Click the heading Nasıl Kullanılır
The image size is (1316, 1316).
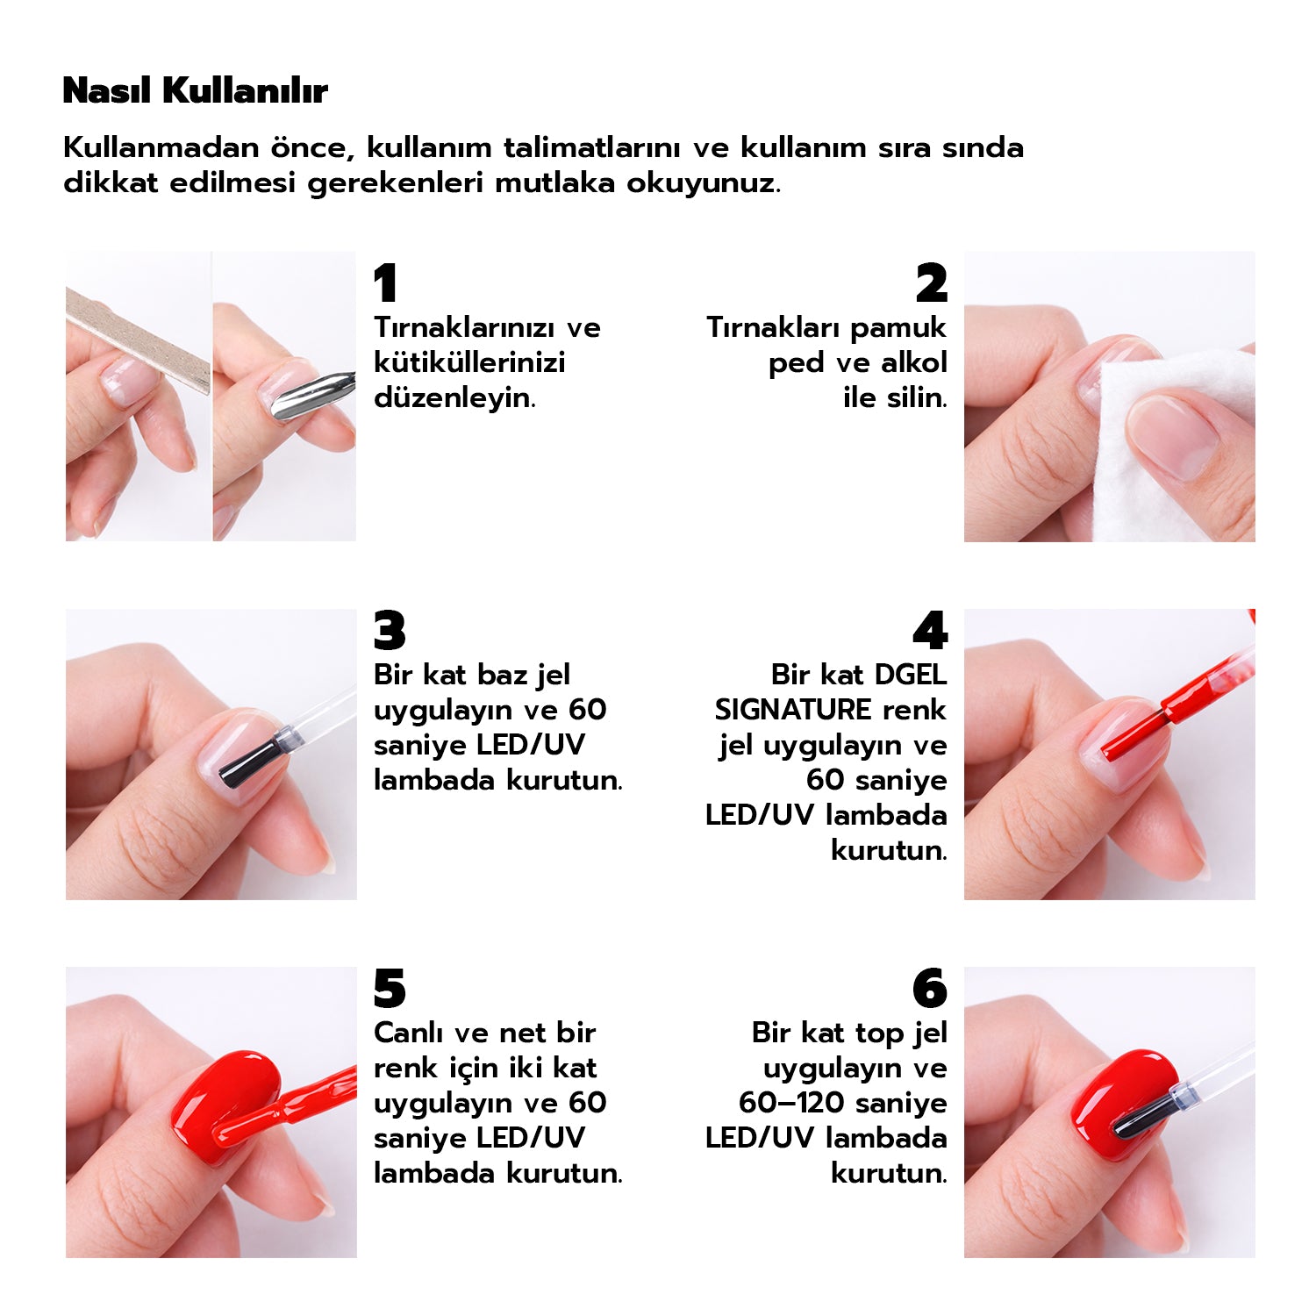[x=195, y=90]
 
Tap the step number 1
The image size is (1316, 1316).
[x=385, y=283]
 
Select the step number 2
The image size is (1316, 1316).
[x=931, y=283]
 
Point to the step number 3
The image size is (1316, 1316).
[x=390, y=631]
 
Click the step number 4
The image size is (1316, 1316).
[x=930, y=631]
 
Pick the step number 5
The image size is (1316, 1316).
[x=390, y=989]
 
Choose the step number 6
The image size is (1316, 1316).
[x=930, y=989]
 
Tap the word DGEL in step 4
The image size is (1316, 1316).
[x=911, y=674]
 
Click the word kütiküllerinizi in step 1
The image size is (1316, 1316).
[x=469, y=362]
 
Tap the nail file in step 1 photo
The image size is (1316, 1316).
[x=138, y=340]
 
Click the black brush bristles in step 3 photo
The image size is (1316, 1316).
[x=249, y=760]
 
